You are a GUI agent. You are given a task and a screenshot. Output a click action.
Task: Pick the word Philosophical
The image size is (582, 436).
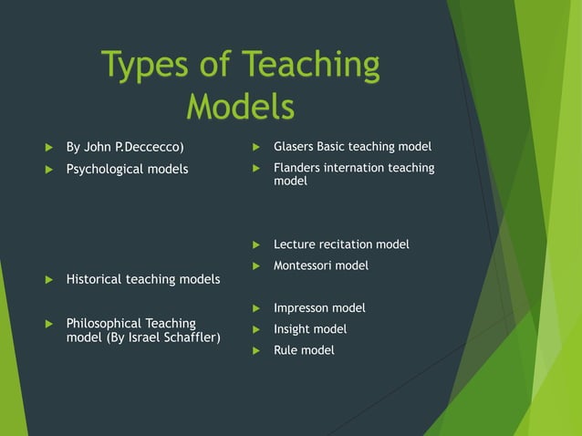(104, 323)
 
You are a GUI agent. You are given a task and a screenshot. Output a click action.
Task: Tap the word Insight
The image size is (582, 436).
(293, 329)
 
